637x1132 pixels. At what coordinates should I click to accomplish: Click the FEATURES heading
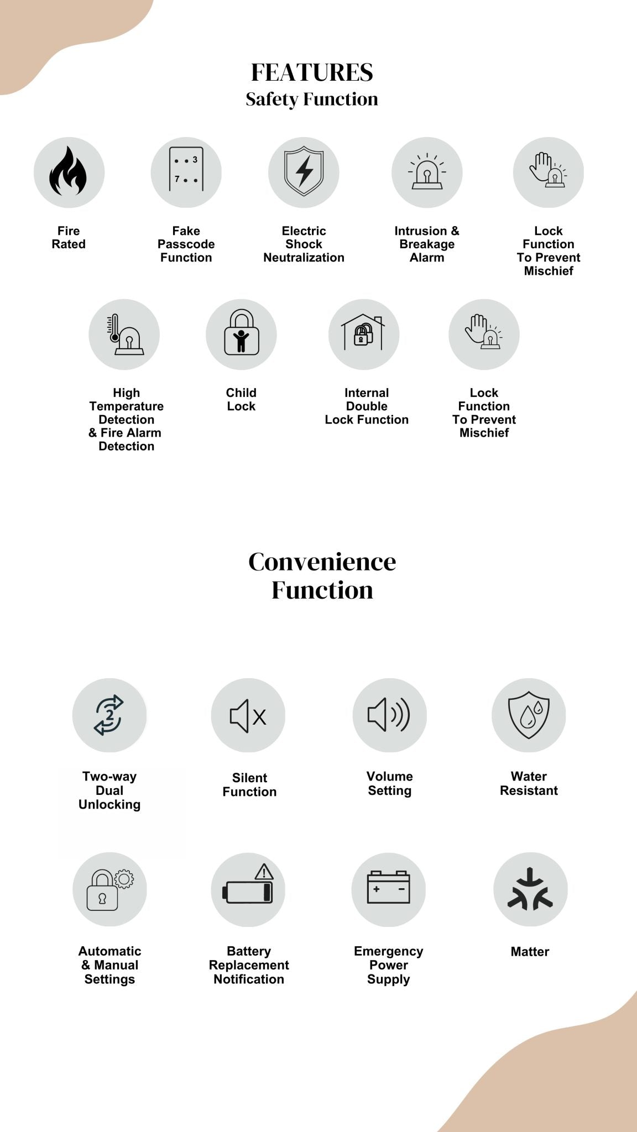[x=312, y=72]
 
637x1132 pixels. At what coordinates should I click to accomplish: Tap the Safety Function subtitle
[x=312, y=99]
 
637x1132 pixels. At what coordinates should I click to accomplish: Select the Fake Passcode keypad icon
[x=186, y=170]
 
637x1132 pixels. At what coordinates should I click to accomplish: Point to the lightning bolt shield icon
[x=304, y=171]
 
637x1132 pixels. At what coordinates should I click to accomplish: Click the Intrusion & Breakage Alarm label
[x=427, y=244]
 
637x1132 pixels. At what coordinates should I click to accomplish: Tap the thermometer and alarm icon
[x=125, y=334]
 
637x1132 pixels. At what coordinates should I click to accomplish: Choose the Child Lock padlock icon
[x=241, y=333]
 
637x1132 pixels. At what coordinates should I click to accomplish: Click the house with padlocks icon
[x=363, y=333]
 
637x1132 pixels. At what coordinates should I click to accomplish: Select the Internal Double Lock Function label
[x=367, y=406]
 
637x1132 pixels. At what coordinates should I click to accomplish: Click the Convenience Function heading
[x=322, y=576]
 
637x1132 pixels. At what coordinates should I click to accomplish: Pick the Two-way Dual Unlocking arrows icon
[x=109, y=715]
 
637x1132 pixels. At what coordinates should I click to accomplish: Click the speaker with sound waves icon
[x=389, y=715]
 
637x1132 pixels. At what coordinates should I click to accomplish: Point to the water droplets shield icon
[x=529, y=715]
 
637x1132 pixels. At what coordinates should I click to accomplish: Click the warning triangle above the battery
[x=264, y=872]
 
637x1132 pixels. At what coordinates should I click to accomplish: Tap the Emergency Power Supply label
[x=389, y=965]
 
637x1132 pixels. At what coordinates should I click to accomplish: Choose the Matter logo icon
[x=530, y=889]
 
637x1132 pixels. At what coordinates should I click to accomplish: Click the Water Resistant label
[x=529, y=784]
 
